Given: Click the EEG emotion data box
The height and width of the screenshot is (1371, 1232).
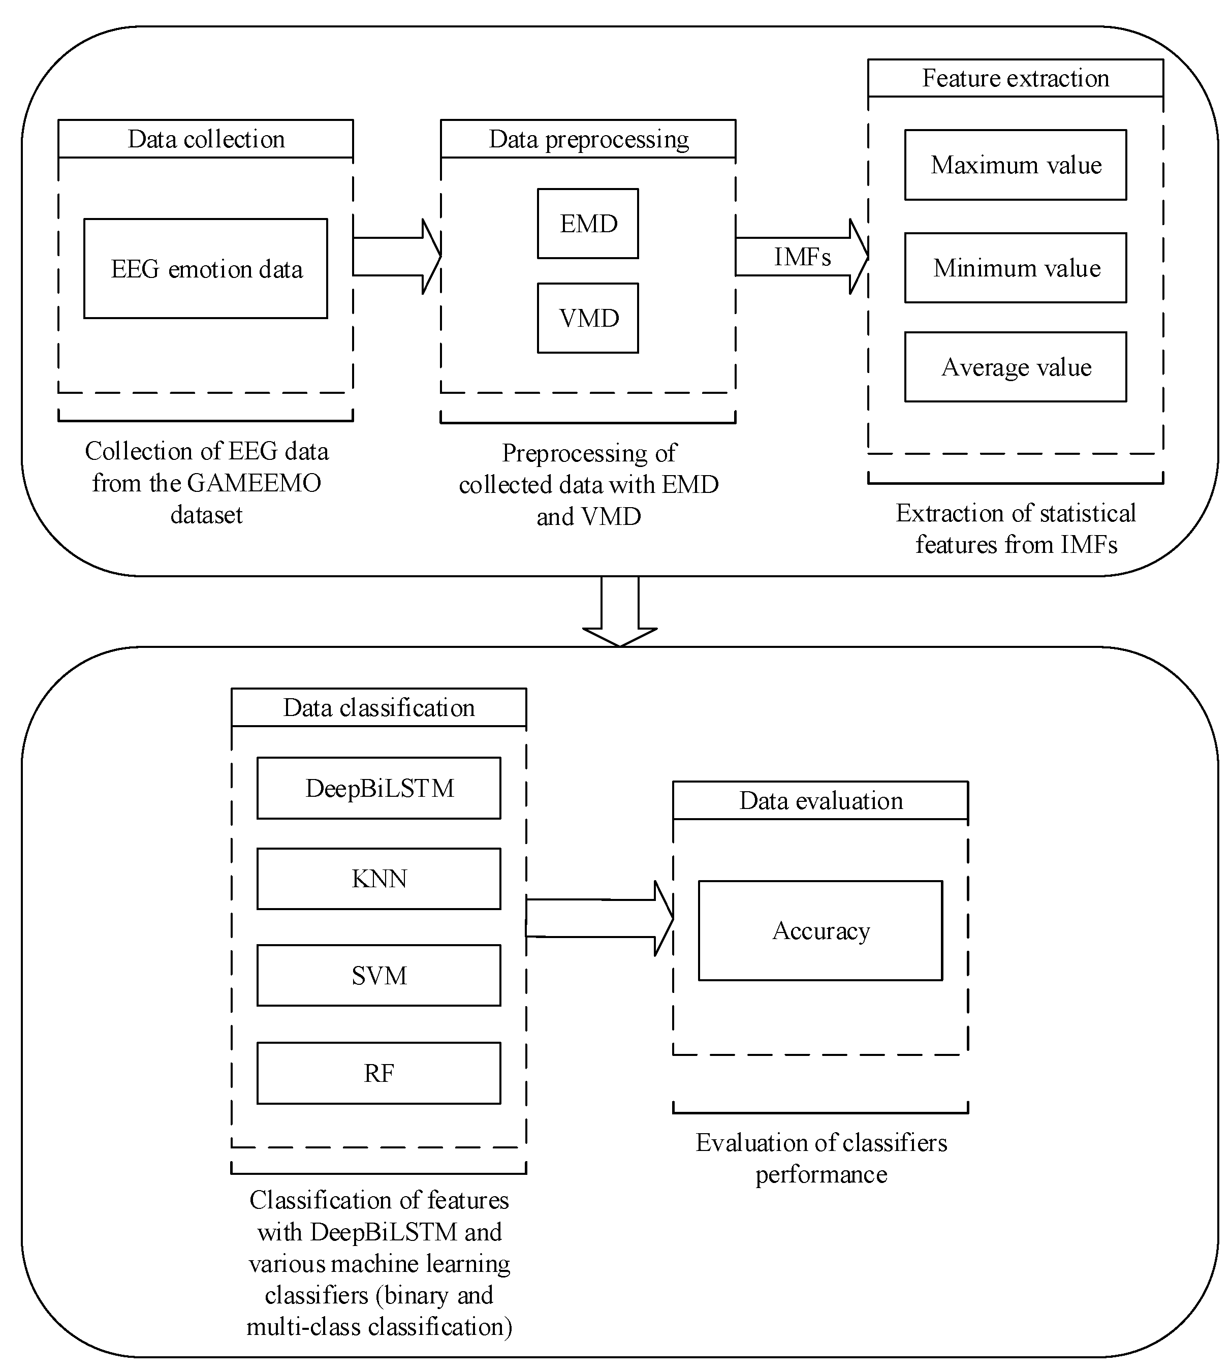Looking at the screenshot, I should pos(206,269).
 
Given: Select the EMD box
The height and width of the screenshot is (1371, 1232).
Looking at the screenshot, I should pos(588,224).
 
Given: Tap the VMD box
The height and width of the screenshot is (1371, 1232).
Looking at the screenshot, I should pos(588,318).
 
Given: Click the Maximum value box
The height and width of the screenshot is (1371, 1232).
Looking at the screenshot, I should pos(1016,165).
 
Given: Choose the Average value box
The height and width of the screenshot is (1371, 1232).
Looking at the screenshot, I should pos(1016,367).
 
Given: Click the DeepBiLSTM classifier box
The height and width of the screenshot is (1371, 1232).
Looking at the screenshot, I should pos(378,788).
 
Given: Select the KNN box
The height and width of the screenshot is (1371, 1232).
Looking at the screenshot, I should pos(378,879).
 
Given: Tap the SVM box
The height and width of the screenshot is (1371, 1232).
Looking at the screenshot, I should pos(378,976).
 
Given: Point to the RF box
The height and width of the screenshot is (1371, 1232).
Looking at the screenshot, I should pos(378,1073).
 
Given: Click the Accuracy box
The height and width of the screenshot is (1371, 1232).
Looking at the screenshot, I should pos(820,931).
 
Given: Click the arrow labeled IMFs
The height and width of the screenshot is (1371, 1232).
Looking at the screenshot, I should pos(802,257).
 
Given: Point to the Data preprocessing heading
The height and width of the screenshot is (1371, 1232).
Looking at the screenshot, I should pos(588,139).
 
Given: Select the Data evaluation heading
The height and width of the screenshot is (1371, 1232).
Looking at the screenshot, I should pos(820,801).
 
